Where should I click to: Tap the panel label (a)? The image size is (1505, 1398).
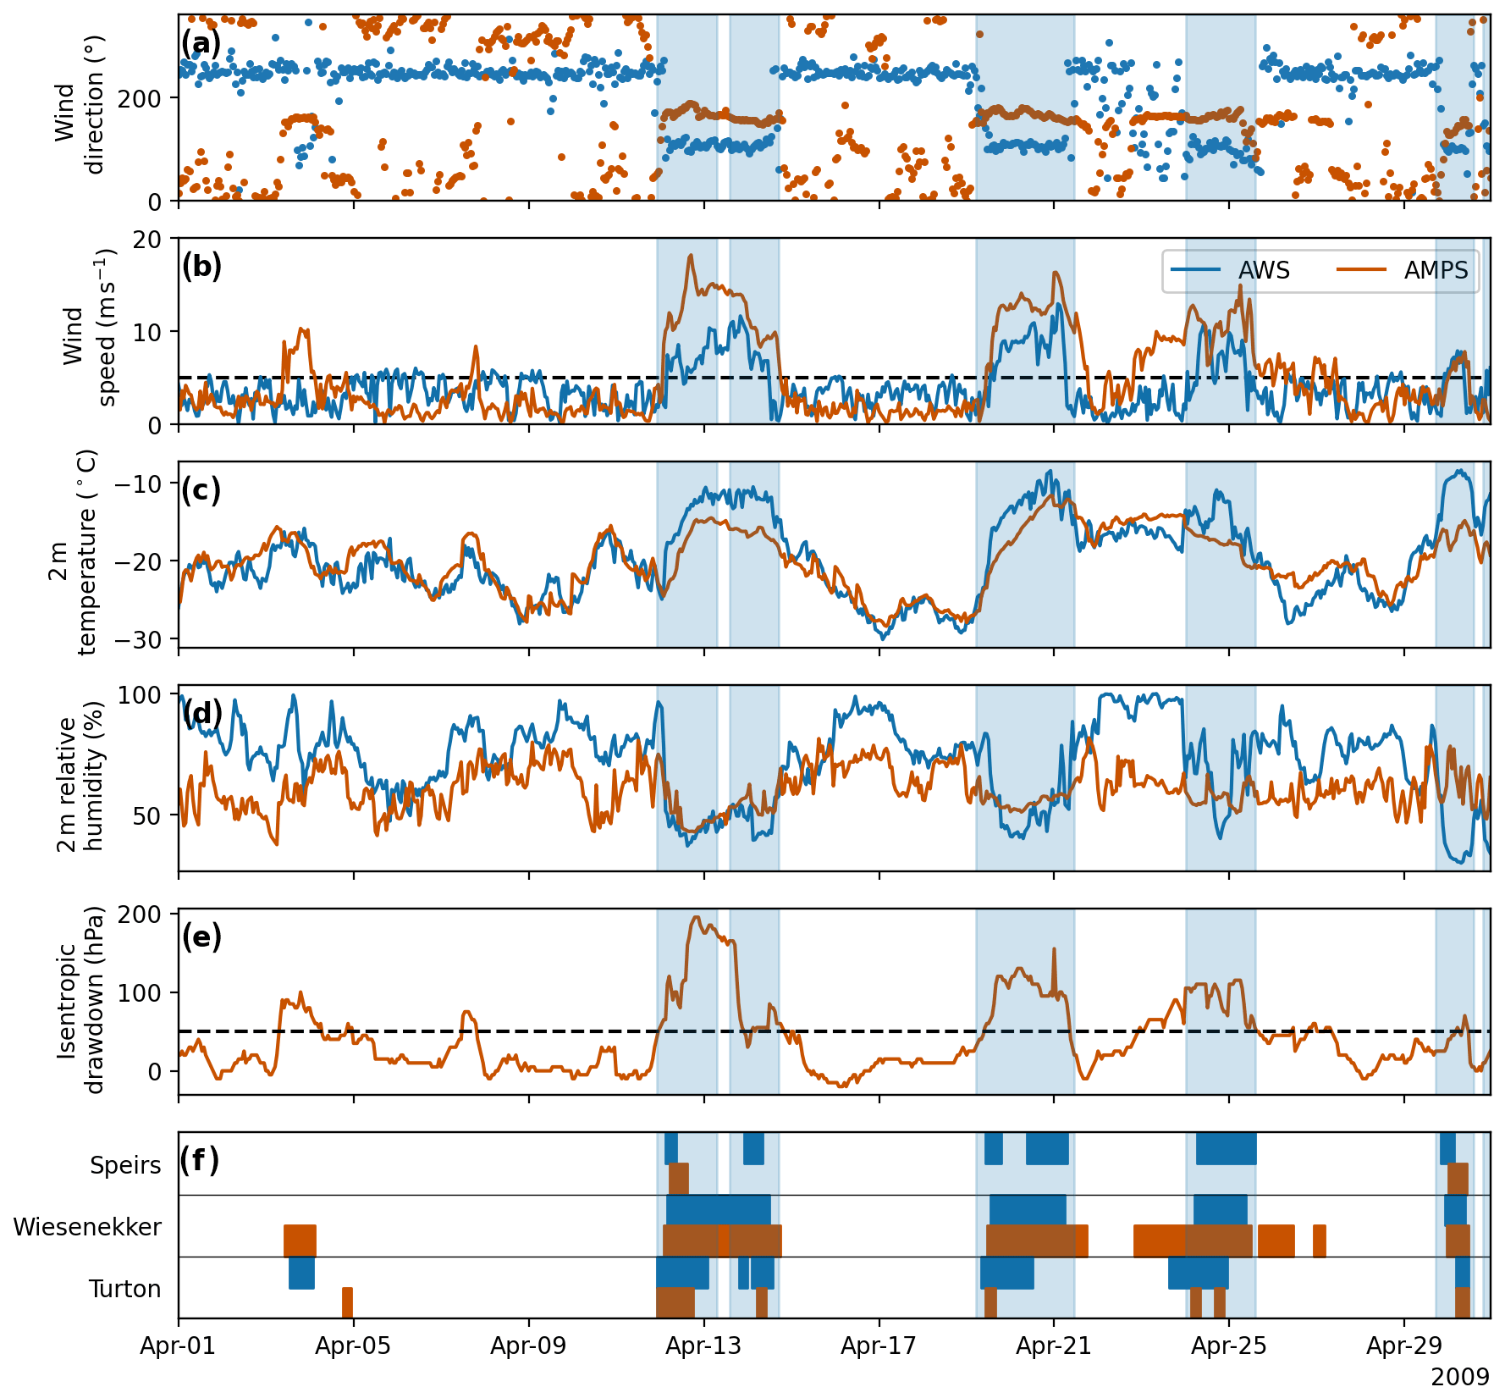coord(201,44)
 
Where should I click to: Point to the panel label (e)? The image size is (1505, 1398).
coord(201,937)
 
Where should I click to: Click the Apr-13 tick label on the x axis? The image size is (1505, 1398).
coord(703,1346)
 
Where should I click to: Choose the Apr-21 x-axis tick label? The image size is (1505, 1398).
coord(1054,1346)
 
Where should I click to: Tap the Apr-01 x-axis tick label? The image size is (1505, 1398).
coord(178,1346)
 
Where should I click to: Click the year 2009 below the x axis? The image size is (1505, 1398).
coord(1460,1377)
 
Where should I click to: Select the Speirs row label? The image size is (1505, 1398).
coord(125,1165)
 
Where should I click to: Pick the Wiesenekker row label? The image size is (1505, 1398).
coord(87,1227)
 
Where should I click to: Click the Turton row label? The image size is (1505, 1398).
coord(125,1289)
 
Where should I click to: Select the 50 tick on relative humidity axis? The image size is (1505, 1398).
coord(147,816)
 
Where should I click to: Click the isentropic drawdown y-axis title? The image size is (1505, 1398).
coord(80,1000)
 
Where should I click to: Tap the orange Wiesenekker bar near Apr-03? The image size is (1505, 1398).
coord(300,1241)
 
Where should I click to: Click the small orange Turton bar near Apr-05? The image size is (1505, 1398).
coord(347,1302)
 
